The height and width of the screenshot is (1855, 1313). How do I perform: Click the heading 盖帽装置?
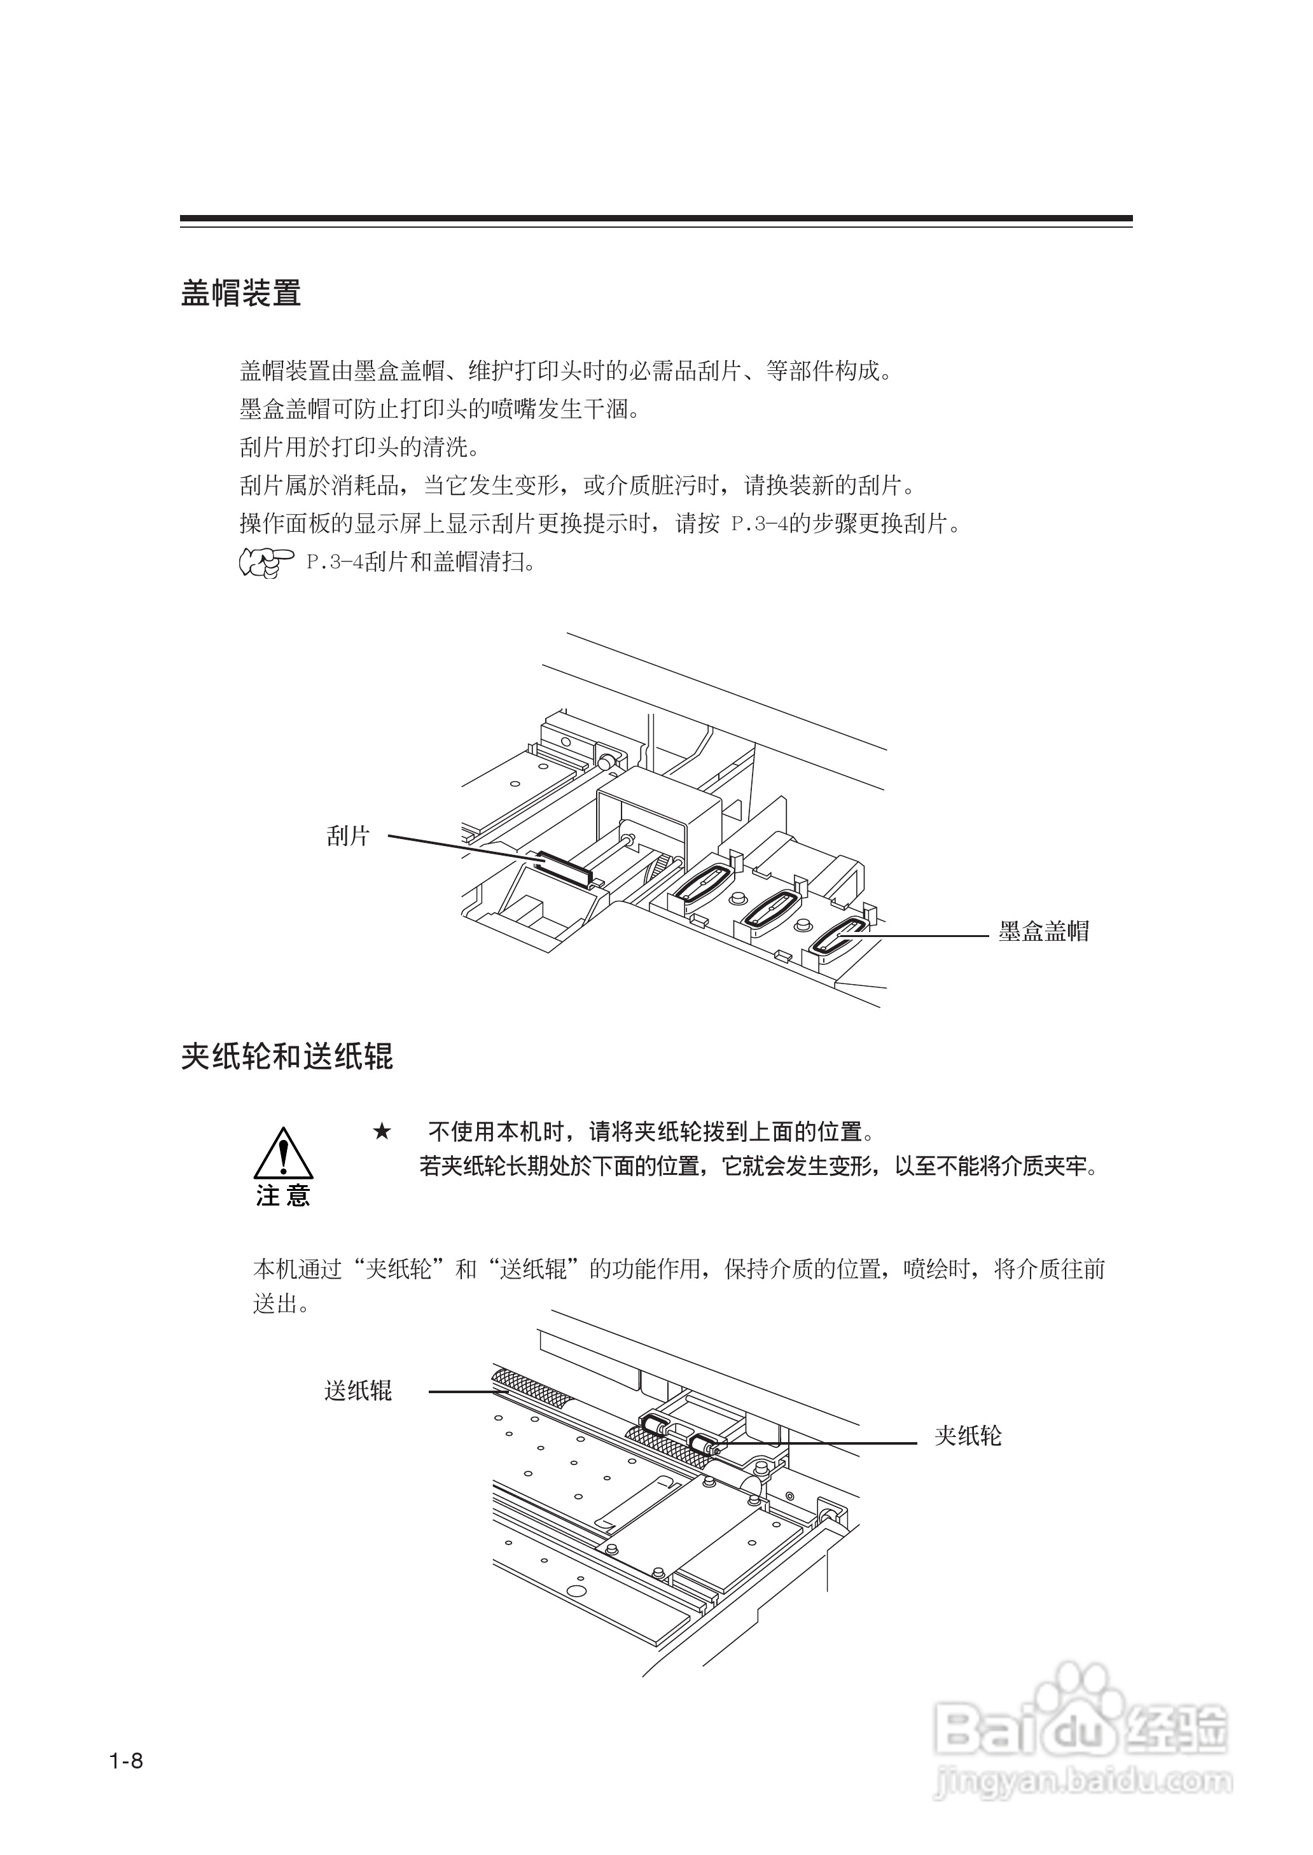pos(241,293)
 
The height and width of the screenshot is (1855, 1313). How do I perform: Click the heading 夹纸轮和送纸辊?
pos(287,1057)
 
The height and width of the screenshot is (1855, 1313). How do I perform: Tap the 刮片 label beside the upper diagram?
pos(349,836)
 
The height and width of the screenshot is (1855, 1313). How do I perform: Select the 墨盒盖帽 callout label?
pos(1044,931)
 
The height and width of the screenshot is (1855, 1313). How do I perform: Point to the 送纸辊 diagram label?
pos(358,1390)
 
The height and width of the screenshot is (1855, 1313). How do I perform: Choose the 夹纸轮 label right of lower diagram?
pos(968,1436)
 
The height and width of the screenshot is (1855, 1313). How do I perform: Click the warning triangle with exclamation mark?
pos(283,1154)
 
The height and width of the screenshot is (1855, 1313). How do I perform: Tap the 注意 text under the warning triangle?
pos(283,1195)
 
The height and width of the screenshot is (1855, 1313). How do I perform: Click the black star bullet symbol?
pos(382,1132)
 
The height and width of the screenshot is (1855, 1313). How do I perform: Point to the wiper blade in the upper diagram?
pos(565,866)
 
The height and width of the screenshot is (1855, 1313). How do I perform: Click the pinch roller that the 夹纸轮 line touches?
pos(704,1443)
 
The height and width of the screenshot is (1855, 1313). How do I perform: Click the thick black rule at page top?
pos(656,218)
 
